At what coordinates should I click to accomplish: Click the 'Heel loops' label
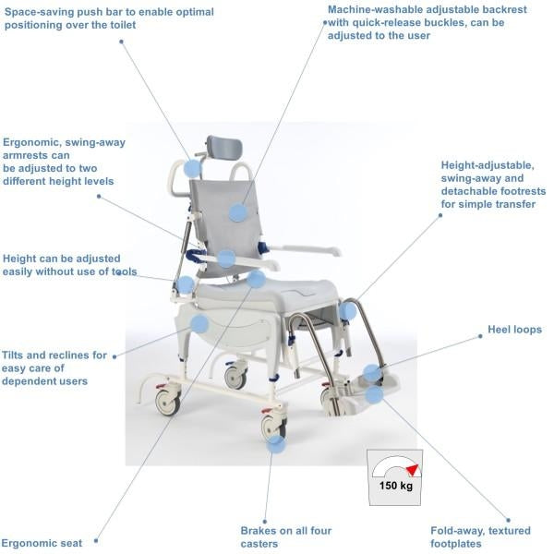514,330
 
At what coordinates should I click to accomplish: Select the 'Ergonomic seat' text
42,543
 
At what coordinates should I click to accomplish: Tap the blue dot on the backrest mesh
238,212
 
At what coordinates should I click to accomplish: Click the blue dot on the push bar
192,168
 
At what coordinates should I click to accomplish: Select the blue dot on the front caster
275,441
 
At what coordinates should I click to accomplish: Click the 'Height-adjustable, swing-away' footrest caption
493,185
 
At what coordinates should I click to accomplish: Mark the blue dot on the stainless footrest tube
347,311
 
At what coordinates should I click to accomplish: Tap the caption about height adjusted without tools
69,265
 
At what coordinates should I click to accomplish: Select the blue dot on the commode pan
199,324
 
